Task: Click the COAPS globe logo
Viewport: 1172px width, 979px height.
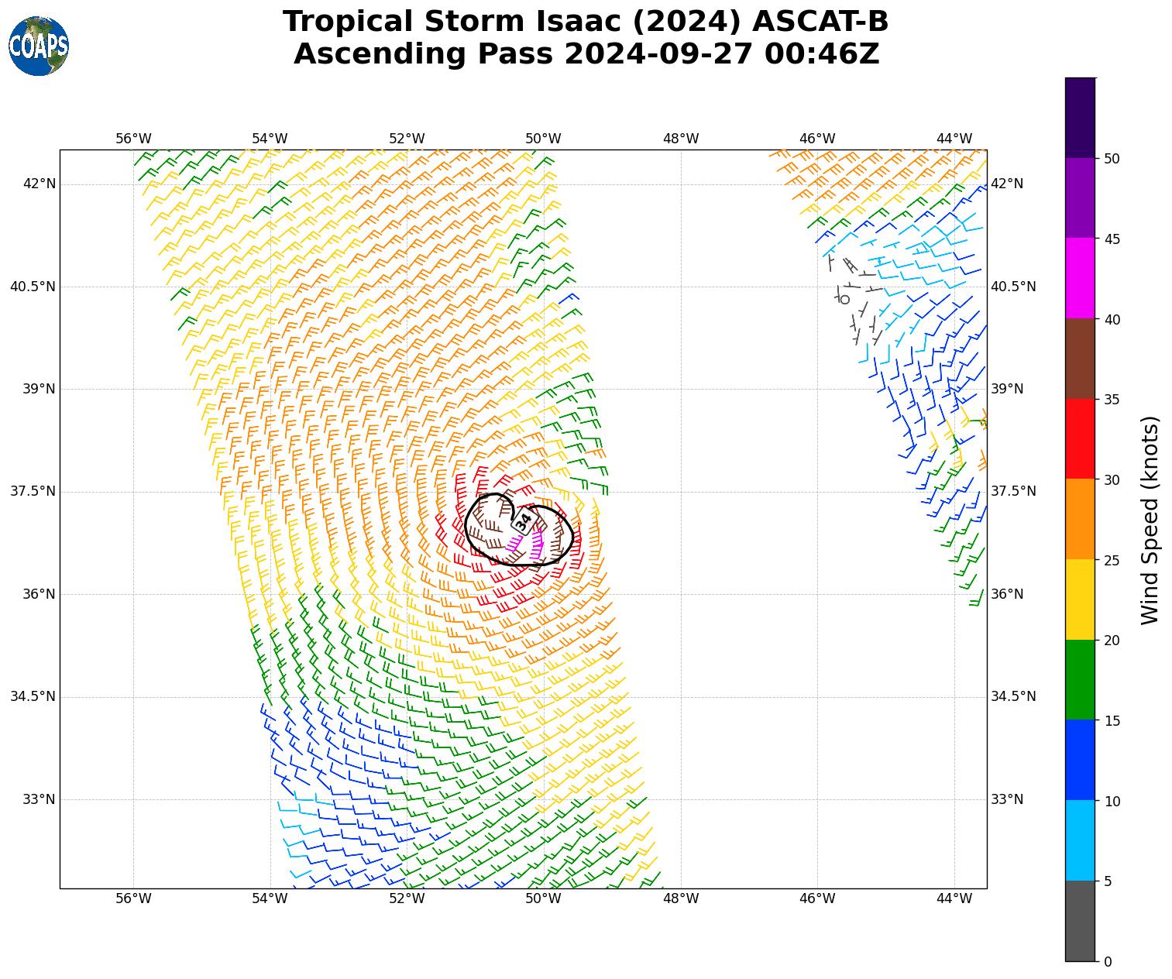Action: coord(39,46)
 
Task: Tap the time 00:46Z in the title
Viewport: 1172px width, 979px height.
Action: coord(821,54)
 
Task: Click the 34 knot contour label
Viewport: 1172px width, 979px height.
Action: coord(524,521)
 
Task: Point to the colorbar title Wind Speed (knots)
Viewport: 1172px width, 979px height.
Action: coord(1151,520)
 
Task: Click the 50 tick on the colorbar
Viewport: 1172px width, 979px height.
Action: coord(1112,159)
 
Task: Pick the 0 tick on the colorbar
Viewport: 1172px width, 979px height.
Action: coord(1107,962)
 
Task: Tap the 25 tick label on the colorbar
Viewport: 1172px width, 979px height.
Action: coord(1112,561)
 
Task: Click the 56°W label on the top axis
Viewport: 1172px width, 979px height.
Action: coord(133,139)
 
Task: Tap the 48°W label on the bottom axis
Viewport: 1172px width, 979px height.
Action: coord(680,898)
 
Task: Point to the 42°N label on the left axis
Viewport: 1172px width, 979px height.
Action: coord(40,184)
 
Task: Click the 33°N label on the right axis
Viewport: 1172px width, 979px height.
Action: coord(1007,799)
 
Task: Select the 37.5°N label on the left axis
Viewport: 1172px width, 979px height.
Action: coord(33,492)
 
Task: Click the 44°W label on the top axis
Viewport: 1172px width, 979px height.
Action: coord(954,139)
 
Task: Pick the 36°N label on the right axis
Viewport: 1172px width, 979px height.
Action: coord(1007,594)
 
